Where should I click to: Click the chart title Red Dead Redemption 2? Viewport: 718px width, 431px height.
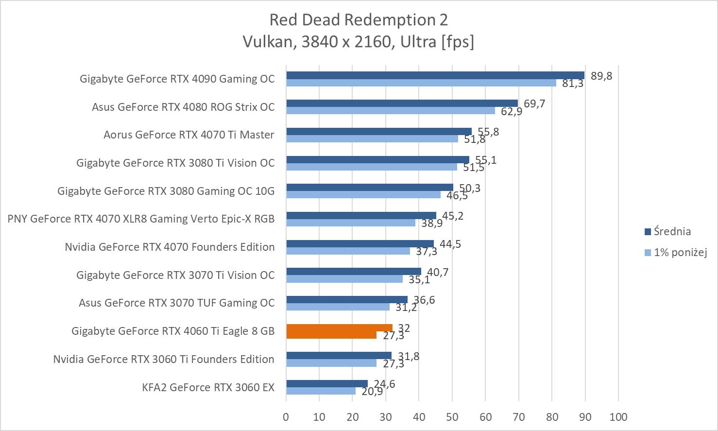(x=359, y=20)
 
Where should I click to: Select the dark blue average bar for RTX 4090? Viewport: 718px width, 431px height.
(x=435, y=75)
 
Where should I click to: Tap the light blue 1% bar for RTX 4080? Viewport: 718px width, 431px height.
(x=391, y=111)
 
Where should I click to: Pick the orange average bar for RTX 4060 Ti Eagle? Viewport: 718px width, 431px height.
(x=339, y=328)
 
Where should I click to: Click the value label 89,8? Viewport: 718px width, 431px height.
(x=601, y=76)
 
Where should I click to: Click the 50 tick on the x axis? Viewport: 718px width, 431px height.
(x=452, y=417)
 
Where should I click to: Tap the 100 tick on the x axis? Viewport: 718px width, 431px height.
(x=617, y=417)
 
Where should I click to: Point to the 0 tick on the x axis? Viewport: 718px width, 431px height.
(x=286, y=417)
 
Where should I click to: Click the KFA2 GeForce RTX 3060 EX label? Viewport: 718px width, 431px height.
(x=208, y=387)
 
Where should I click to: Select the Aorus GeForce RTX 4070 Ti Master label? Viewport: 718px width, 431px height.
(x=189, y=135)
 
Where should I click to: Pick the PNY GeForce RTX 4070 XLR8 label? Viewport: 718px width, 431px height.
(x=141, y=219)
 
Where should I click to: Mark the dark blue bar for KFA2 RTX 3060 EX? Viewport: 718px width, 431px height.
(x=327, y=383)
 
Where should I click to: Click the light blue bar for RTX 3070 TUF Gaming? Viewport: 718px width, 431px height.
(x=338, y=307)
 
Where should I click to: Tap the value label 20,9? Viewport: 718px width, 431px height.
(x=372, y=391)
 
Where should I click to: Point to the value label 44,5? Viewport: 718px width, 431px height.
(x=450, y=244)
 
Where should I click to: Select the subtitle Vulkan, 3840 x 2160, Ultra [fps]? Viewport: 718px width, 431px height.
(x=359, y=42)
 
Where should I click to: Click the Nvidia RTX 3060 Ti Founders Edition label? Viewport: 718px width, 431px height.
(x=164, y=359)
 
